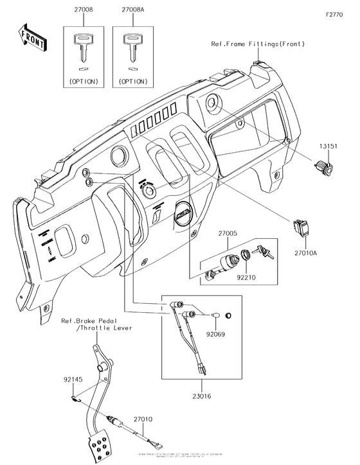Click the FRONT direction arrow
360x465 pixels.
point(32,37)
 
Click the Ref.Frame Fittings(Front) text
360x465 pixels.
point(257,44)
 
